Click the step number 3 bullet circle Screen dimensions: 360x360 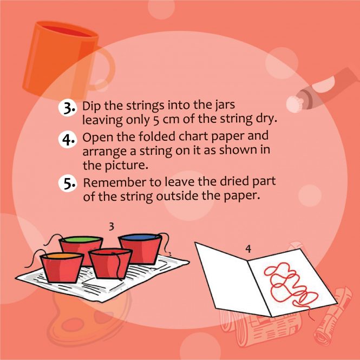coord(67,108)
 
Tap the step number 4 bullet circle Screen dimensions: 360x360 coord(67,139)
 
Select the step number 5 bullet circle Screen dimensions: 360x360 coord(67,184)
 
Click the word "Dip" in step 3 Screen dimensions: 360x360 coord(91,106)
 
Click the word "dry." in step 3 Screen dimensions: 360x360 coord(266,119)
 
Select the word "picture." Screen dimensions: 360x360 coord(127,166)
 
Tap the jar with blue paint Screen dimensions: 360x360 coord(141,249)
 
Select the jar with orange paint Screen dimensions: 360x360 coord(62,267)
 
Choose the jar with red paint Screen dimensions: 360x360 coord(110,263)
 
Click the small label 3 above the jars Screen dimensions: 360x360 coord(112,227)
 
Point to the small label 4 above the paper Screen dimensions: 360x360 coord(248,249)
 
